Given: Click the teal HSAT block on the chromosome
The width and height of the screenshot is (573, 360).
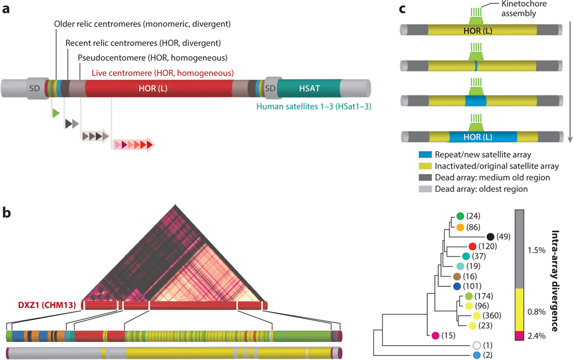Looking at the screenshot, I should click(x=309, y=87).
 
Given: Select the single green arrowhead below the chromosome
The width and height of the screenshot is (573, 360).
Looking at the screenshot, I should click(x=55, y=113).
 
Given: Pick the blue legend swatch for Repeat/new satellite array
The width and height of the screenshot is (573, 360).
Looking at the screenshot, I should click(x=410, y=154).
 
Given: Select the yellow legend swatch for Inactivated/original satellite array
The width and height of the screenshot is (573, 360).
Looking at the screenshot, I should click(x=410, y=166).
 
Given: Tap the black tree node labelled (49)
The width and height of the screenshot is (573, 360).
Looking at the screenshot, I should click(x=490, y=236).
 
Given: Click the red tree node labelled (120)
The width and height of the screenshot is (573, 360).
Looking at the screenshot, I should click(x=473, y=246).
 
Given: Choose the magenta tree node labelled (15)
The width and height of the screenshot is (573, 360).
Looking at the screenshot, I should click(x=435, y=336).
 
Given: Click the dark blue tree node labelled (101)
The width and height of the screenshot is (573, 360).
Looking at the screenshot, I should click(x=456, y=286).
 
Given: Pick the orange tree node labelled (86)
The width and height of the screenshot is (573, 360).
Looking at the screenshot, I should click(x=461, y=226).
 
